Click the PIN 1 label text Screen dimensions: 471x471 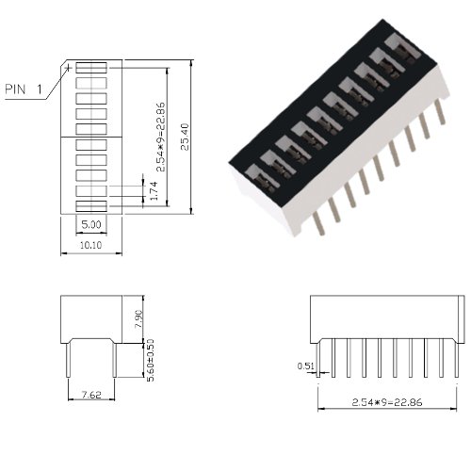tap(24, 89)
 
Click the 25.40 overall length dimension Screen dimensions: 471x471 tap(185, 137)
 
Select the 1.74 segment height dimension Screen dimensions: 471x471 tap(154, 190)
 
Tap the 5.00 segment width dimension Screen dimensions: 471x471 tap(91, 224)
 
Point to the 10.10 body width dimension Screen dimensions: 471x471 tap(90, 245)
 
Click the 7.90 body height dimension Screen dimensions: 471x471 tap(138, 319)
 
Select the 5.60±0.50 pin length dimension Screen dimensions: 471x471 tap(151, 360)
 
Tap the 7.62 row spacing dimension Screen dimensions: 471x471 tap(91, 395)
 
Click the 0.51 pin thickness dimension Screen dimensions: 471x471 tap(305, 365)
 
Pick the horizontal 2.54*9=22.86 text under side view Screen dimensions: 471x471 tap(387, 402)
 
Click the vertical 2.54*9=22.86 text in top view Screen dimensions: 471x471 tap(160, 137)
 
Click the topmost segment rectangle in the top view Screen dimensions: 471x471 tap(91, 68)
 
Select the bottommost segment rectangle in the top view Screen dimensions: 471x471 tap(91, 206)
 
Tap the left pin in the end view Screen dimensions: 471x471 tap(68, 360)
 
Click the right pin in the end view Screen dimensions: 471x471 tap(115, 360)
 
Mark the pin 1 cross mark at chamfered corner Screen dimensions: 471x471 tap(67, 68)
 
